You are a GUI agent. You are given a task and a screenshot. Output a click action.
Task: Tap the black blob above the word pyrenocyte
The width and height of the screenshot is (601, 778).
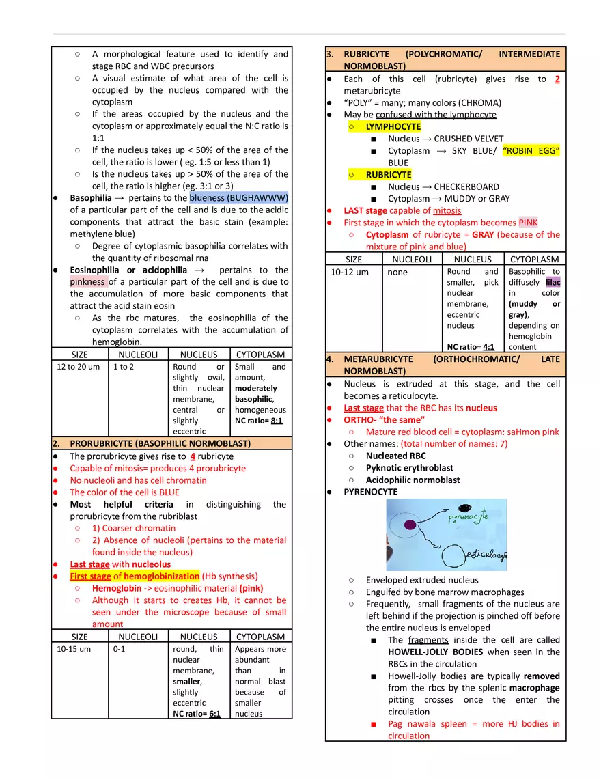coord(466,508)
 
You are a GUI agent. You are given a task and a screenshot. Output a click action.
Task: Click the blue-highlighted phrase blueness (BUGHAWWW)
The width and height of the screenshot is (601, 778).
coord(239,198)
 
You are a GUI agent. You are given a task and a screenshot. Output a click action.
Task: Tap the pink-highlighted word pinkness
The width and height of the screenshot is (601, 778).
coord(87,281)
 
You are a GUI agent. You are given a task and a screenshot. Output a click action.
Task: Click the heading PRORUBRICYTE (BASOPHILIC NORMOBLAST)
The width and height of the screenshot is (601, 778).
coord(160,443)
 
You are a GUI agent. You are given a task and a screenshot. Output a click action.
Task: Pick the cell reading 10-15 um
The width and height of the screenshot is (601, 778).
coord(72,649)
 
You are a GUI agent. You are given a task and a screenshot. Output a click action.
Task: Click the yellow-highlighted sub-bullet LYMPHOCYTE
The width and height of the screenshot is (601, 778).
coord(393,126)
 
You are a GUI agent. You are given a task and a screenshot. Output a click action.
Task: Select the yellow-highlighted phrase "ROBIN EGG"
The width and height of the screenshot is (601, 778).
coord(531,150)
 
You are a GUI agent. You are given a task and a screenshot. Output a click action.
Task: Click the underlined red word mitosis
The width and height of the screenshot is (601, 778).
coord(447,210)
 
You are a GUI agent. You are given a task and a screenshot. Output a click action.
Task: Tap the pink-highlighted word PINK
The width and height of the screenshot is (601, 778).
coord(528,223)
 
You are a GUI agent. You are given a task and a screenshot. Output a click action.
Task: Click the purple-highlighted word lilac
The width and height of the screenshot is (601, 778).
coord(553,282)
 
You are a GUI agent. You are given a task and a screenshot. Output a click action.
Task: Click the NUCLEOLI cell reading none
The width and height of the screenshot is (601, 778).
coord(397,272)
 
